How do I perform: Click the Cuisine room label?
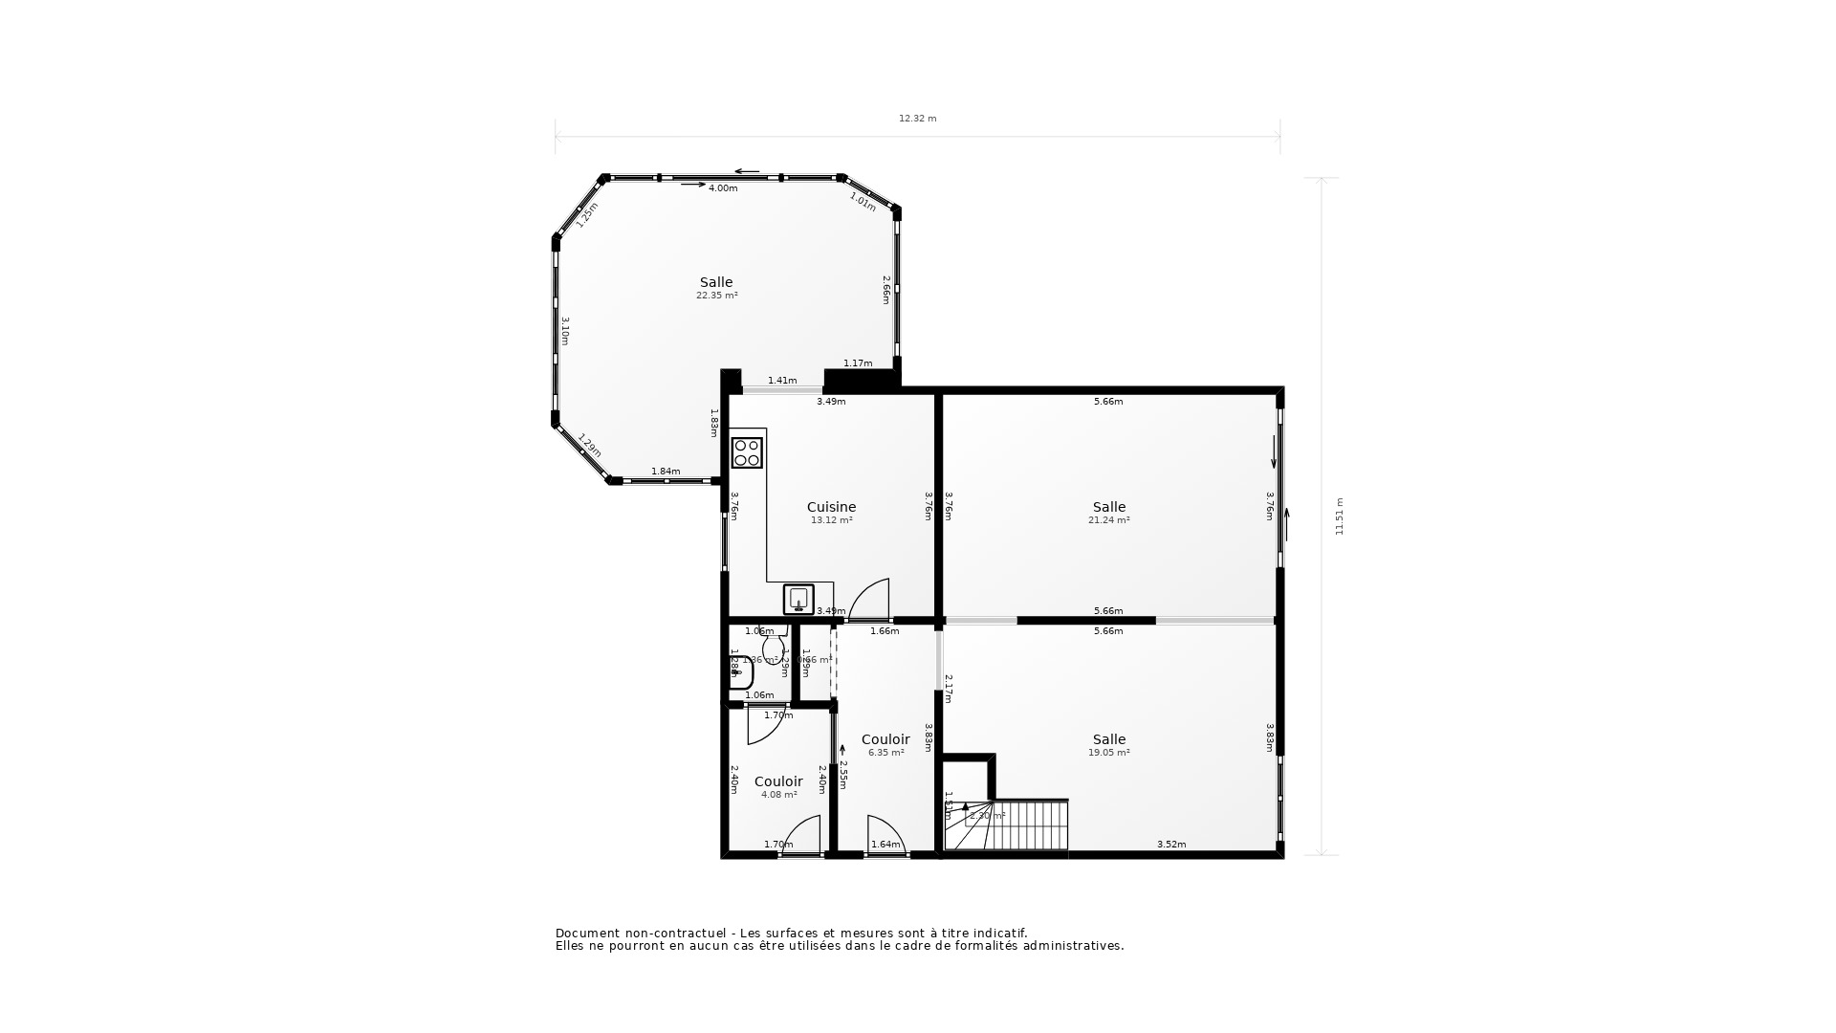click(x=831, y=507)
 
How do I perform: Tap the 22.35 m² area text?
click(x=716, y=296)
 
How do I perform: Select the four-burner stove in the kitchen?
click(x=747, y=452)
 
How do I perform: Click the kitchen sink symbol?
click(x=798, y=599)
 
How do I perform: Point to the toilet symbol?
click(x=773, y=647)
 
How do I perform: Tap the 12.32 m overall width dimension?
click(x=917, y=119)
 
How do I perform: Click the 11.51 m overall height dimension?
click(x=1339, y=516)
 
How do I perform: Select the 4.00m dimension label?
click(x=723, y=188)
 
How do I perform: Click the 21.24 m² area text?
click(x=1108, y=520)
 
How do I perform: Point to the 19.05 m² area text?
click(x=1108, y=753)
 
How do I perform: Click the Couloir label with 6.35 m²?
click(x=885, y=739)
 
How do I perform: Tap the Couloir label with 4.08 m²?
click(x=778, y=781)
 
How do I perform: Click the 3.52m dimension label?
click(x=1171, y=845)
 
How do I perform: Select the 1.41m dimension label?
click(x=782, y=381)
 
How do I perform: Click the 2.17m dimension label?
click(x=949, y=689)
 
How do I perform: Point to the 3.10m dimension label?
click(x=565, y=331)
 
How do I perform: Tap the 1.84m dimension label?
click(x=666, y=472)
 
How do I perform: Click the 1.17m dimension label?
click(x=858, y=363)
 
